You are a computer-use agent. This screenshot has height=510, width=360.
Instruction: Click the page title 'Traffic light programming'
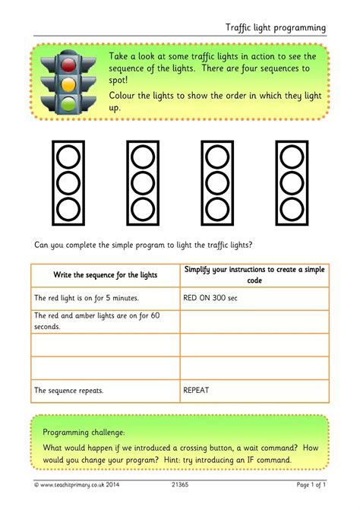275,27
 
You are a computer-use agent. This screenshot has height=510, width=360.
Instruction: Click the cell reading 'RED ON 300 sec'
210,299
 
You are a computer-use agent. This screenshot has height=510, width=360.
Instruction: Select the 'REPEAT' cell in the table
196,390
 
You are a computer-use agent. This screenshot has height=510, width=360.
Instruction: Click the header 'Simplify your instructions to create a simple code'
254,275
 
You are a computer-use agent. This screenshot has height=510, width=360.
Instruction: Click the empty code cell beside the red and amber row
254,322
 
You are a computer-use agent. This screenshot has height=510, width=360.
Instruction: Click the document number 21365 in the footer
179,484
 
